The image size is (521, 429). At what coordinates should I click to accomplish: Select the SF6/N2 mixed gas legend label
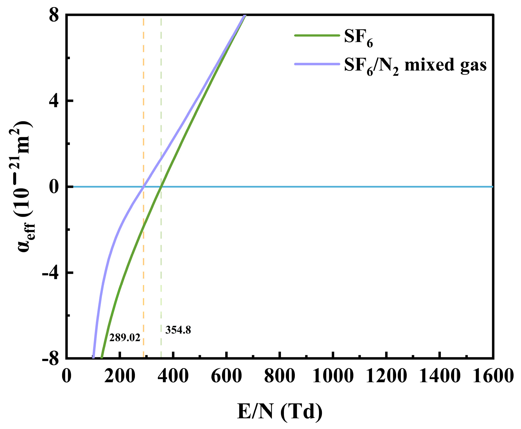(415, 66)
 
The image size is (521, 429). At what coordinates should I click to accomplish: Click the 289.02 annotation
(125, 338)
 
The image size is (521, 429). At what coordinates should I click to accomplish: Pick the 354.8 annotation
(178, 330)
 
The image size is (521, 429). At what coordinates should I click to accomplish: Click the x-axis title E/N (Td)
(279, 412)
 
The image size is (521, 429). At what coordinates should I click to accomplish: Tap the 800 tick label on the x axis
(279, 376)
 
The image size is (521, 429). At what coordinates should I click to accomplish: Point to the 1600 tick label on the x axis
(493, 376)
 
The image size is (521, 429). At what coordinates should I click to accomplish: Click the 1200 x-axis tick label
(386, 376)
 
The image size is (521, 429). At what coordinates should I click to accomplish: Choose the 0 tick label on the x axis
(67, 376)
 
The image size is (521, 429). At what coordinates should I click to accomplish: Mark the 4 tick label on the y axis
(54, 101)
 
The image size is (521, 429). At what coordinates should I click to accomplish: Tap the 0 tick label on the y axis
(54, 187)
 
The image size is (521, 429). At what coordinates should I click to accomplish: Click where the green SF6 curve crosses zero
(161, 187)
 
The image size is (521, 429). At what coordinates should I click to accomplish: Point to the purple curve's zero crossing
(144, 187)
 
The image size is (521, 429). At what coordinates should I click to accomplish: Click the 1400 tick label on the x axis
(439, 376)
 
